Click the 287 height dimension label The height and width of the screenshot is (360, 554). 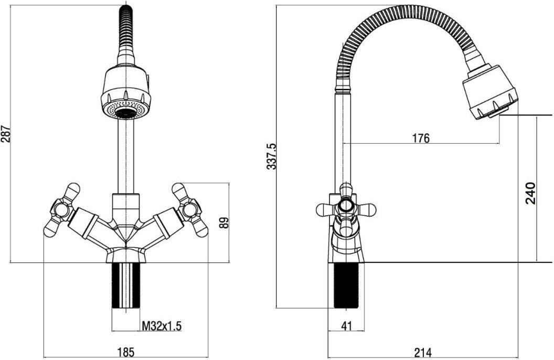tap(6, 133)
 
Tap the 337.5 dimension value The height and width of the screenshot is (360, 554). tap(272, 156)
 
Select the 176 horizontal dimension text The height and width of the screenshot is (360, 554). tap(421, 138)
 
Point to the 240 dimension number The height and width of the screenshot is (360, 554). tap(531, 193)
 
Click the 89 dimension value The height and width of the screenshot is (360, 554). tap(224, 223)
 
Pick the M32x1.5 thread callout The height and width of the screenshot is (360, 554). tap(162, 326)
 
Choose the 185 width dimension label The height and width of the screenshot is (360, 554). tap(126, 352)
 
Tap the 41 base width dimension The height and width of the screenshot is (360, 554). tap(347, 325)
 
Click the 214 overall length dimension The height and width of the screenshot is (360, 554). tap(422, 352)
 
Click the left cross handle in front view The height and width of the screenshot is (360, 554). tap(61, 210)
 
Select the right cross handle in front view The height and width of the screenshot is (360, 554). tap(190, 210)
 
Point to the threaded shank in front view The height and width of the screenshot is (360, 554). tap(126, 285)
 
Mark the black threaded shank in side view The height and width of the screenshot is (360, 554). tap(346, 286)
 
